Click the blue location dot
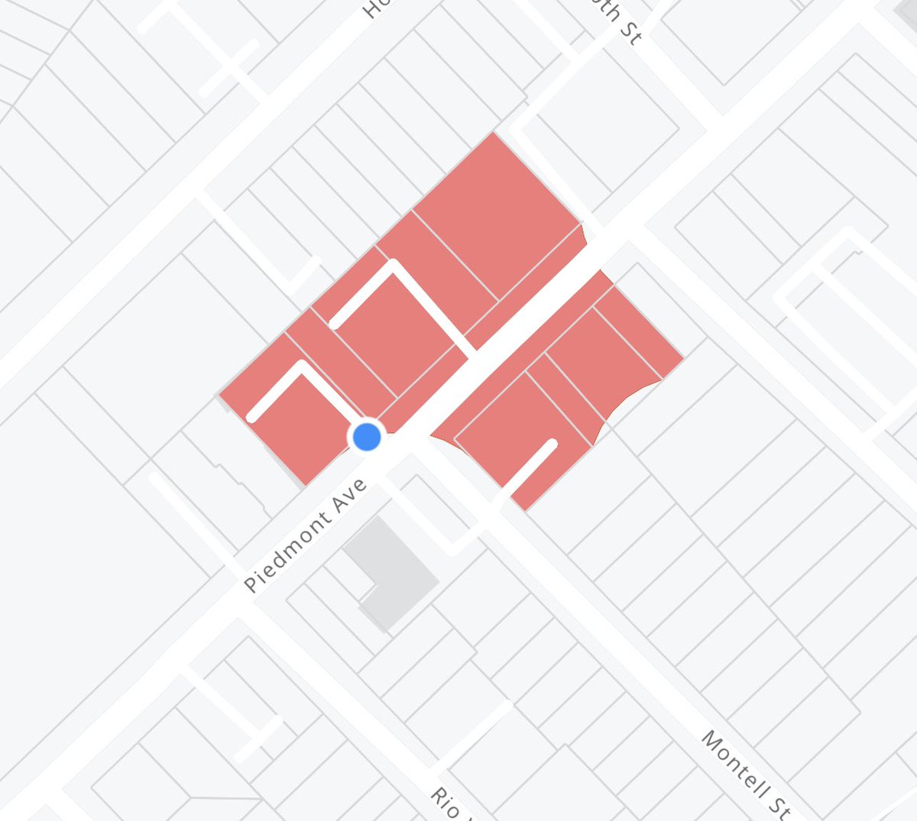[x=368, y=437]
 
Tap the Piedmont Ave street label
[x=306, y=535]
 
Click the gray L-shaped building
[x=390, y=569]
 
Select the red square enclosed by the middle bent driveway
[x=401, y=332]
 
